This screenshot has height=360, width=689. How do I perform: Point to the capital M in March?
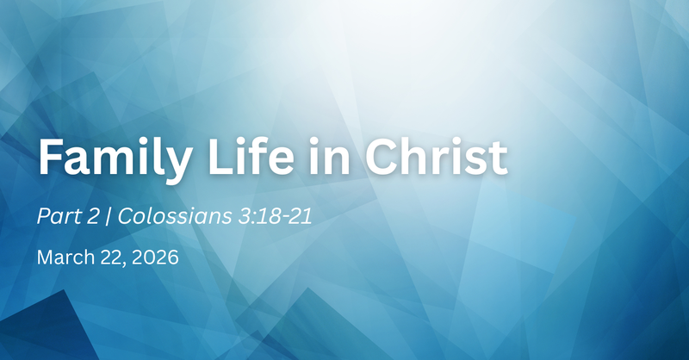click(x=44, y=258)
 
